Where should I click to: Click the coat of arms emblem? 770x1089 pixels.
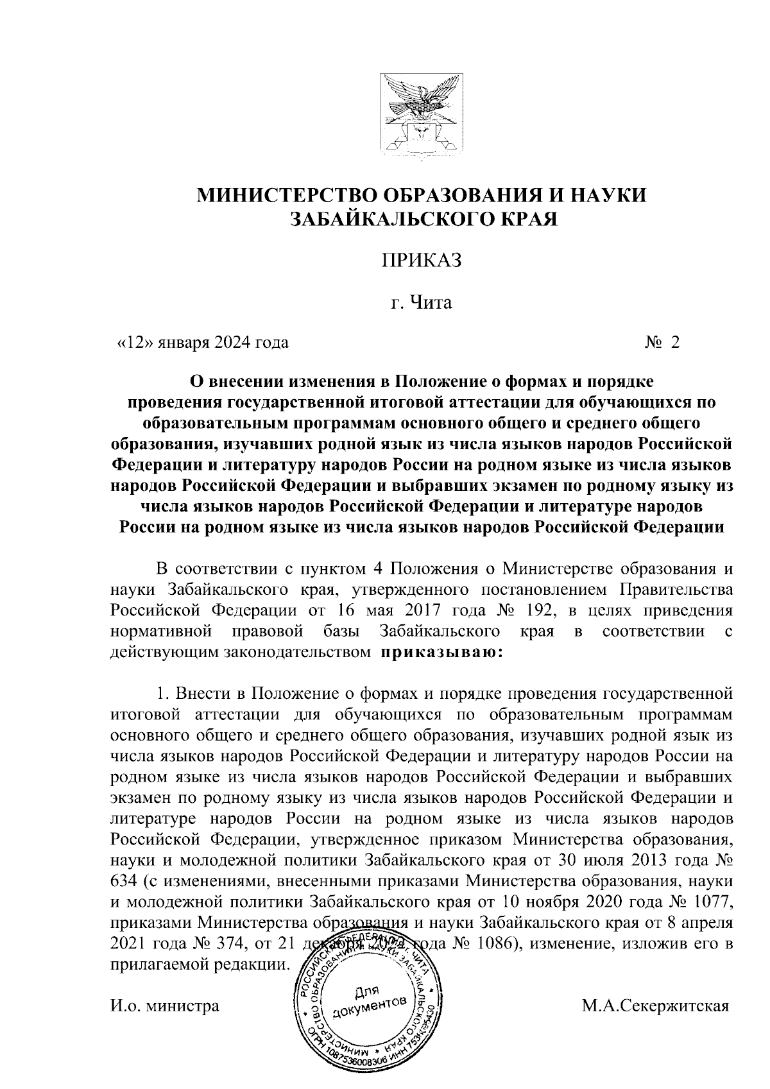422,115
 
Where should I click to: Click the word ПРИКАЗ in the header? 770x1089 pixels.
422,262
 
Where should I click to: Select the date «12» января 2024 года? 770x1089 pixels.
201,342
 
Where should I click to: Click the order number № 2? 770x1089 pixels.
662,342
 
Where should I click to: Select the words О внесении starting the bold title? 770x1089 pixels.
234,382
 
